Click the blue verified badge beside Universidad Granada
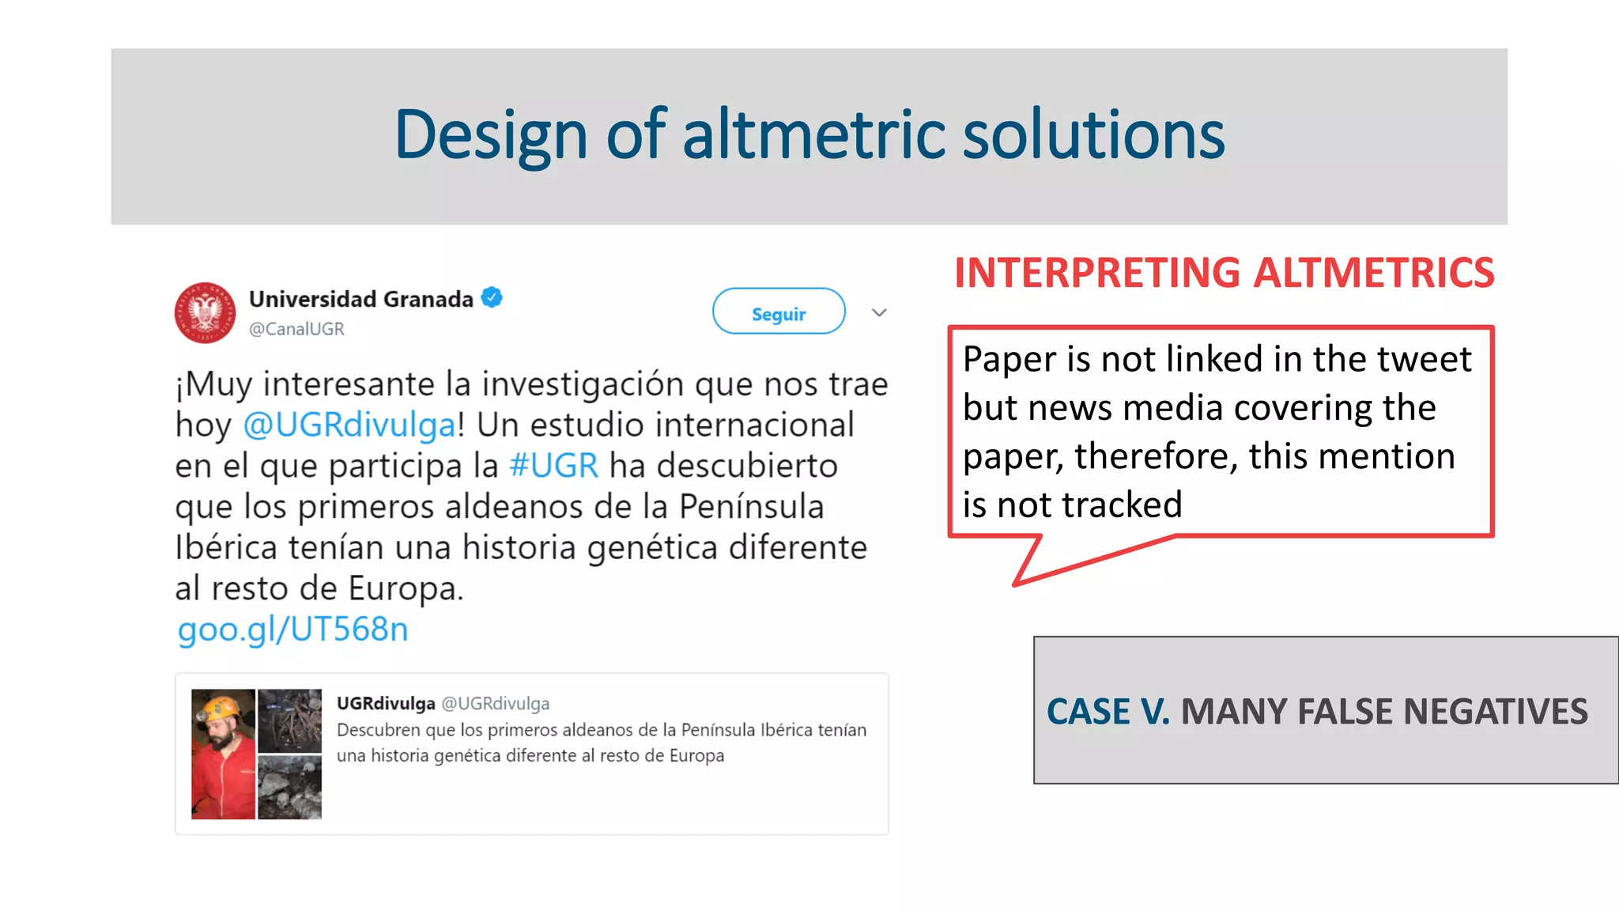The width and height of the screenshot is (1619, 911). pos(492,298)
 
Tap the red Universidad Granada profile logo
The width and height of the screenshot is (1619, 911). pos(205,312)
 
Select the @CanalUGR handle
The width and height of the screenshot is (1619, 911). pos(296,329)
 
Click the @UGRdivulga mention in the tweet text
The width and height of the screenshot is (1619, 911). pos(349,425)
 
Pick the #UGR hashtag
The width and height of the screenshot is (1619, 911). pos(553,466)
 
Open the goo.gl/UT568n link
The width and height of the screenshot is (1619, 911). pos(292,629)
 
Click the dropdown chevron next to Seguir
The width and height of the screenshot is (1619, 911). pos(879,313)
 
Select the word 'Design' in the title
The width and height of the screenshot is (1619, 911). pos(490,134)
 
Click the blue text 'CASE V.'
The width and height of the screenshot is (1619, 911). pos(1108,712)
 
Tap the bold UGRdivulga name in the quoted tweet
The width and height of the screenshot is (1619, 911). pos(386,703)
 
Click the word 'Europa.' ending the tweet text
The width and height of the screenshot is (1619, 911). pos(406,589)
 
